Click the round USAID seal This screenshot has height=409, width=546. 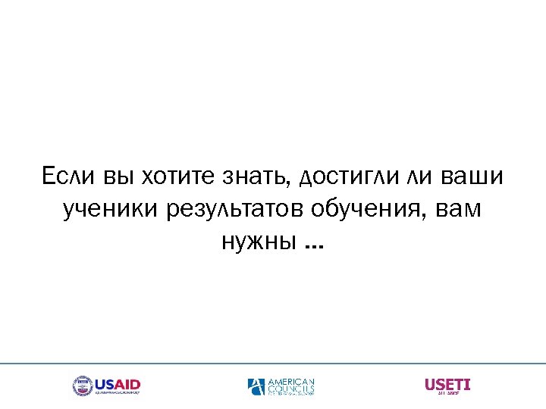click(x=82, y=386)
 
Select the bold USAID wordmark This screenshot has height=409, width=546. click(x=118, y=384)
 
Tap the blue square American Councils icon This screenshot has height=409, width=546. click(x=256, y=386)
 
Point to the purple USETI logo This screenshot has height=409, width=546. click(x=447, y=385)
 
